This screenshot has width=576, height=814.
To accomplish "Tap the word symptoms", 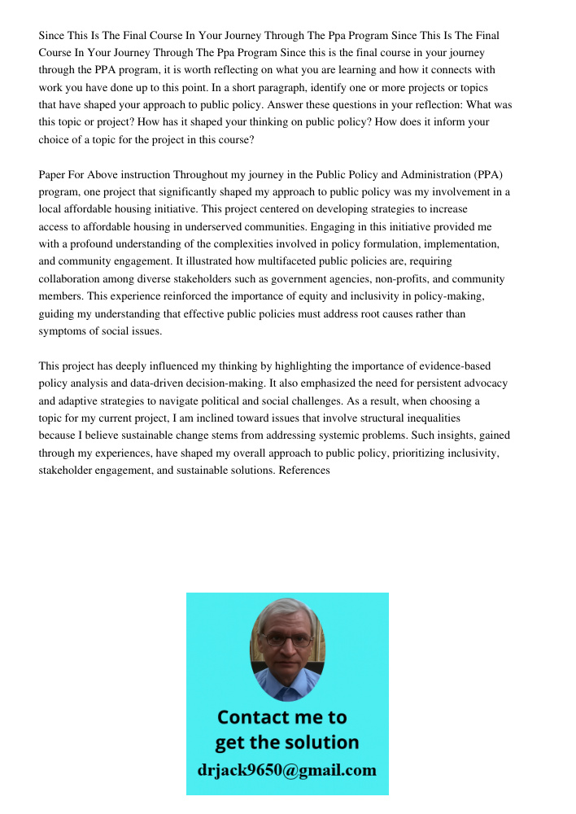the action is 65,331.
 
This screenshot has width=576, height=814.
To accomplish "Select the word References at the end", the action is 304,470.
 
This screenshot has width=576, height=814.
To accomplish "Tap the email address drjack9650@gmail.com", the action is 287,770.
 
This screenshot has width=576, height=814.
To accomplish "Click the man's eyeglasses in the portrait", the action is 287,640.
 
